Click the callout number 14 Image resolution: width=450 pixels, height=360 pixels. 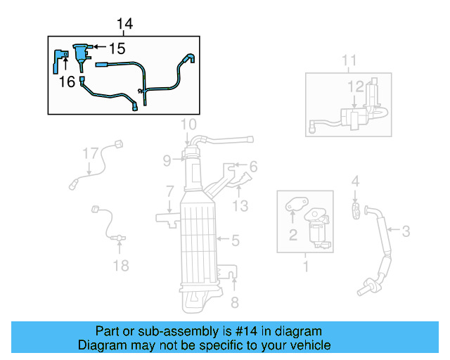124,24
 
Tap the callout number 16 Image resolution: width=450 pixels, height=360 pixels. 67,82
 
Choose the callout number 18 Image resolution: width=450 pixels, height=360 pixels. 122,265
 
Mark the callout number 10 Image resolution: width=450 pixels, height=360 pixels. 188,125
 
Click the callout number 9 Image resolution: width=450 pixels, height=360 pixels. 167,161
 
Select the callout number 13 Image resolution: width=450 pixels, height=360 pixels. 240,205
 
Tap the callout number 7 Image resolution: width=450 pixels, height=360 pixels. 169,191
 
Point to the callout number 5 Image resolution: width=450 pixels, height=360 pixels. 236,240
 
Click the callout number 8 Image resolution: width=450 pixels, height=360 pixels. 235,302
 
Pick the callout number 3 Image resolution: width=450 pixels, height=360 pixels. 406,229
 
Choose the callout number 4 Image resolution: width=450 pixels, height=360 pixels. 356,181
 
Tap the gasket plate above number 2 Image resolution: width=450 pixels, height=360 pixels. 293,205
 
